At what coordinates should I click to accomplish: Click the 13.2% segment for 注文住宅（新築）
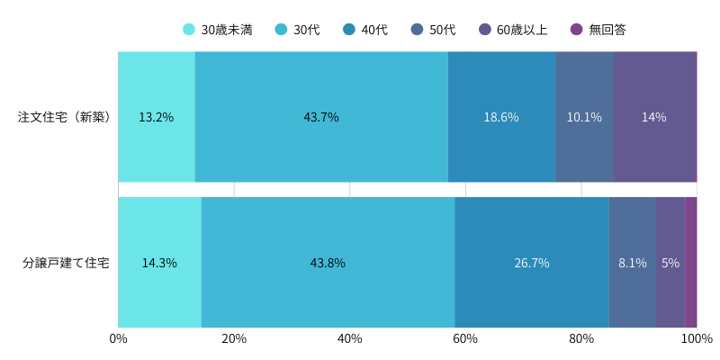(x=157, y=117)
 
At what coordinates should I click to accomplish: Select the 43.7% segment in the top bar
(x=321, y=117)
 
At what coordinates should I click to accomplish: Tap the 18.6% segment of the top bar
(x=501, y=117)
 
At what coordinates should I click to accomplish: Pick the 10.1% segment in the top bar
(x=584, y=117)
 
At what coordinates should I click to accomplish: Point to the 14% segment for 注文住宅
(x=654, y=117)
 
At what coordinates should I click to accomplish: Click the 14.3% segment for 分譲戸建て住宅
(x=159, y=263)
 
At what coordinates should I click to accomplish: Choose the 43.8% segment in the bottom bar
(x=328, y=263)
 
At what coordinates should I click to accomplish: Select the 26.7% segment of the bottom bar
(x=532, y=263)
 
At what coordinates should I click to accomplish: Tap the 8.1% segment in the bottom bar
(x=633, y=263)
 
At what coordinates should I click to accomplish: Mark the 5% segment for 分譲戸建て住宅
(x=670, y=263)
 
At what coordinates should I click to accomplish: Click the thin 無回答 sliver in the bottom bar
(x=691, y=263)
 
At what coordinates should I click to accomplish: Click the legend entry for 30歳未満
(x=217, y=30)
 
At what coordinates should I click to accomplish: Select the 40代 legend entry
(x=365, y=30)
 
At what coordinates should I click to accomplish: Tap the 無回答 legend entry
(x=598, y=30)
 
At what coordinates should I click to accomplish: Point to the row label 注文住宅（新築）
(x=64, y=117)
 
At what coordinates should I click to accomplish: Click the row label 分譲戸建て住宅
(x=66, y=263)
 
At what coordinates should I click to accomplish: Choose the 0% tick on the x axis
(x=118, y=339)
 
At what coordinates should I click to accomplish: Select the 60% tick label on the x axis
(x=465, y=339)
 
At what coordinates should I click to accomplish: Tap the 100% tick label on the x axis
(x=697, y=339)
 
